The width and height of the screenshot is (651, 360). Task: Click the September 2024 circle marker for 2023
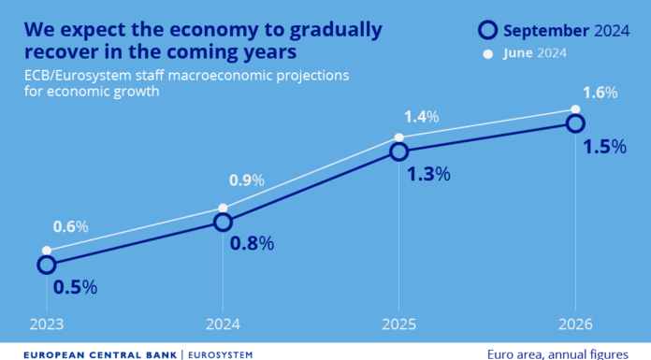(x=47, y=265)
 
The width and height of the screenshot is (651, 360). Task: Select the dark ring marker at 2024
(x=223, y=222)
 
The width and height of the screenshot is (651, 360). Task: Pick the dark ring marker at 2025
(x=399, y=151)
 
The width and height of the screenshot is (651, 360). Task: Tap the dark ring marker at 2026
(x=575, y=122)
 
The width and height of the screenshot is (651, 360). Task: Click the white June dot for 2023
(x=47, y=251)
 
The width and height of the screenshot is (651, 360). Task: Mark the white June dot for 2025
(x=399, y=137)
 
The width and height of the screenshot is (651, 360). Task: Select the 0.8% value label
(x=252, y=244)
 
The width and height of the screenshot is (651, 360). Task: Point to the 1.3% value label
(x=427, y=174)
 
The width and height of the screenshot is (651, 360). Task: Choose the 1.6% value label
(x=600, y=93)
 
